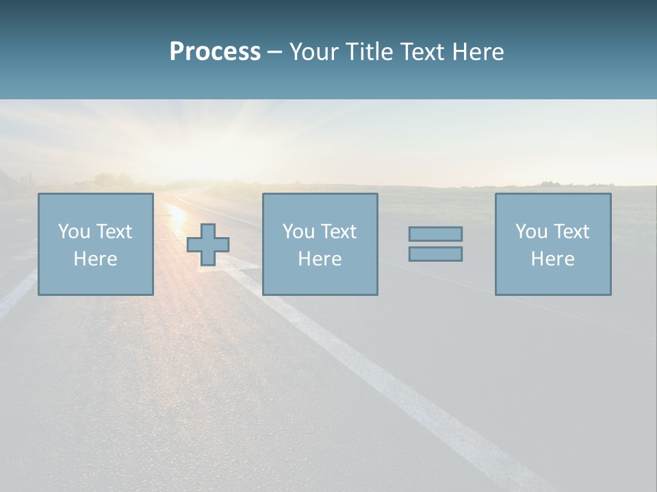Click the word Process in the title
click(x=215, y=52)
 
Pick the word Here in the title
click(x=478, y=52)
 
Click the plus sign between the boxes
click(x=208, y=244)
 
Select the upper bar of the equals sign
click(x=435, y=234)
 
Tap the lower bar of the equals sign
click(x=435, y=254)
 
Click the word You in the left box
click(x=74, y=232)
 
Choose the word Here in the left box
click(x=95, y=259)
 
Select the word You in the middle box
click(x=298, y=232)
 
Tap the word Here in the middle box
click(x=320, y=259)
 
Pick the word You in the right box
click(x=531, y=232)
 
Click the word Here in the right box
click(x=552, y=259)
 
